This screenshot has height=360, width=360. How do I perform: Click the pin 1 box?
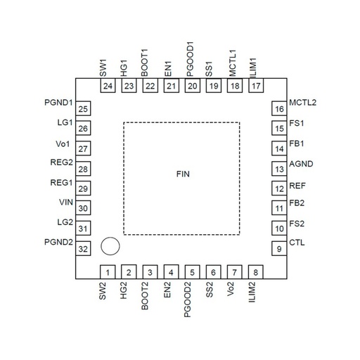tap(108, 272)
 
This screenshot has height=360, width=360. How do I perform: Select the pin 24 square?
tap(108, 85)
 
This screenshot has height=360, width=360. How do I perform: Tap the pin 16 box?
tap(279, 108)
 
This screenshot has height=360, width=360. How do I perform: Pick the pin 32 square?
tap(83, 248)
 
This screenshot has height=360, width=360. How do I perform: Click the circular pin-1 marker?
tap(110, 246)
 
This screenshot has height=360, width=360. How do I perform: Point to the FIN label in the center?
tap(183, 174)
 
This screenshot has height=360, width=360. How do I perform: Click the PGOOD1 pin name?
tap(191, 59)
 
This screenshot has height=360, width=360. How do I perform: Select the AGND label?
tap(301, 164)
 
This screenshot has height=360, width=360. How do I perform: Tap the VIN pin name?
tap(66, 202)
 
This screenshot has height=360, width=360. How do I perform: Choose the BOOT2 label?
tap(145, 296)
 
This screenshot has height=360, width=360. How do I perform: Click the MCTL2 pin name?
tap(303, 103)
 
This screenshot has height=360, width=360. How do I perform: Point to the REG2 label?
tap(61, 162)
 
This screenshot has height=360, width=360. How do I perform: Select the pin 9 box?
tap(279, 248)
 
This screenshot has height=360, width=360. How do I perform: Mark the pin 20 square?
tap(193, 85)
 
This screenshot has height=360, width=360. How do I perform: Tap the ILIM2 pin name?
tap(252, 292)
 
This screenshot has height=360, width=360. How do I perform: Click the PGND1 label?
tap(58, 103)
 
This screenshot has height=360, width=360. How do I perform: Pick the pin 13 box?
tap(279, 169)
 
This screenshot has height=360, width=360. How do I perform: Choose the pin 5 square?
tap(192, 272)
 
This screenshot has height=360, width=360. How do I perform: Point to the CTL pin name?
tap(297, 243)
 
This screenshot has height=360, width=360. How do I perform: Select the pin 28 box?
tap(83, 169)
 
